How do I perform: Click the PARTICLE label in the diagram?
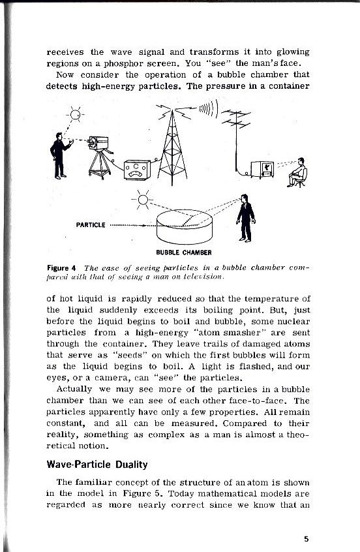pyautogui.click(x=91, y=225)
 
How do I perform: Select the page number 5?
pyautogui.click(x=306, y=538)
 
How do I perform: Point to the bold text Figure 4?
pyautogui.click(x=63, y=268)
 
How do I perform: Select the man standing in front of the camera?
pyautogui.click(x=60, y=155)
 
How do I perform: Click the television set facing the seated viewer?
pyautogui.click(x=264, y=169)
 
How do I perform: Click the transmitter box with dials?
pyautogui.click(x=137, y=171)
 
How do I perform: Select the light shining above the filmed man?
pyautogui.click(x=76, y=116)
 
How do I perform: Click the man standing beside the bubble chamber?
pyautogui.click(x=245, y=217)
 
